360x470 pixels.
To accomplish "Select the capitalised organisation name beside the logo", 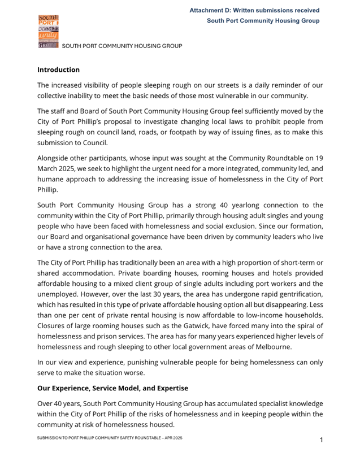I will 122,46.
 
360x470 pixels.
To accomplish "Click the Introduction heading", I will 58,70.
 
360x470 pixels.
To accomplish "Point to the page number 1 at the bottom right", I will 321,439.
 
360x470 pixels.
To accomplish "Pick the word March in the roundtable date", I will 50,169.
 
